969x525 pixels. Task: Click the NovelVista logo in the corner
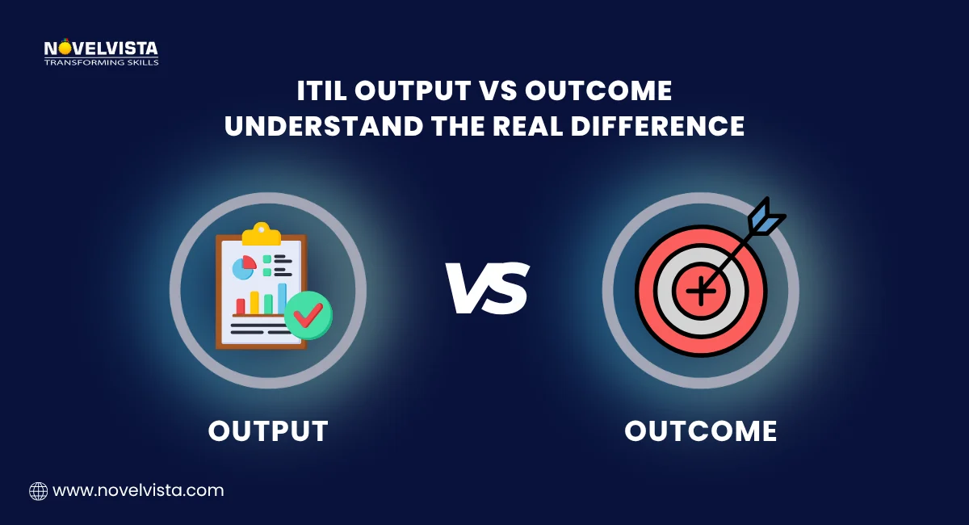click(101, 52)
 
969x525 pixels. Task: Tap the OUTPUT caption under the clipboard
click(268, 430)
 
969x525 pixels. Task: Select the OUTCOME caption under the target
click(700, 430)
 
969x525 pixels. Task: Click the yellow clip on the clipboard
click(261, 233)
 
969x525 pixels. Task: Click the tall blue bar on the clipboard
click(282, 298)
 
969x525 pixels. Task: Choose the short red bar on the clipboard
click(240, 306)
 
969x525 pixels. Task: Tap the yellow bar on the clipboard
click(254, 303)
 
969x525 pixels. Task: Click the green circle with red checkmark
click(308, 314)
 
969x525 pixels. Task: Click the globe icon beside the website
click(38, 490)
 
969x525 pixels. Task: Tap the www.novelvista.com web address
click(138, 490)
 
